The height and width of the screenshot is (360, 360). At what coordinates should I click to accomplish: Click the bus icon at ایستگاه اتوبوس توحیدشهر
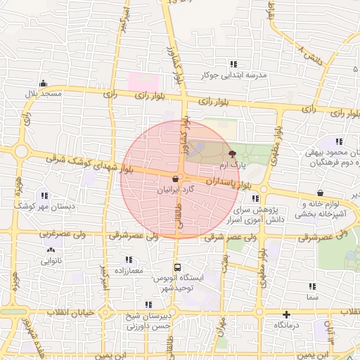[x=177, y=267]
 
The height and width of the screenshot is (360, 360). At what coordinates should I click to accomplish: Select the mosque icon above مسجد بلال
[x=44, y=83]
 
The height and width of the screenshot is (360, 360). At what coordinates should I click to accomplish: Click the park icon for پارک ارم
[x=233, y=153]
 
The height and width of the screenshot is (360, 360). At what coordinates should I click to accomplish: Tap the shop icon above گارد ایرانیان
[x=174, y=179]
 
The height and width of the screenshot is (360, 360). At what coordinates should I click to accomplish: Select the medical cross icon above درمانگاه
[x=287, y=314]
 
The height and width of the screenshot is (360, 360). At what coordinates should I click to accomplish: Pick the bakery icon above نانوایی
[x=49, y=250]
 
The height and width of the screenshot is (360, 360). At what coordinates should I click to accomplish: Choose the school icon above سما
[x=312, y=286]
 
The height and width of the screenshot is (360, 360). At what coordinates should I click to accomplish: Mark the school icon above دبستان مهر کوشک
[x=44, y=196]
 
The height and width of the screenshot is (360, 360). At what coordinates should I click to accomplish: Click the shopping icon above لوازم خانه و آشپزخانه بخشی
[x=320, y=193]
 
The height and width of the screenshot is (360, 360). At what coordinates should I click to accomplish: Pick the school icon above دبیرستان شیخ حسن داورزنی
[x=148, y=304]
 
